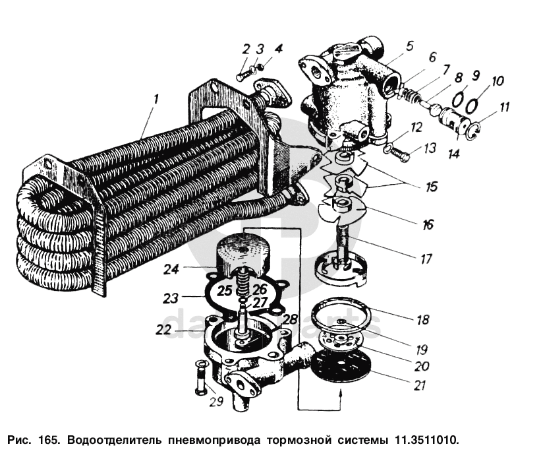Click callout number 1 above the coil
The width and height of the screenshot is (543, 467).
click(156, 100)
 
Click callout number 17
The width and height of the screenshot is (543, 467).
click(426, 259)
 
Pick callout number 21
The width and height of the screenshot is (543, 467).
click(420, 385)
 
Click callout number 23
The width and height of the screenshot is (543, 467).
click(171, 298)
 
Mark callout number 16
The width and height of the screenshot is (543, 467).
click(428, 224)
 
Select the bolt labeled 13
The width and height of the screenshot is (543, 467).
click(397, 154)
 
